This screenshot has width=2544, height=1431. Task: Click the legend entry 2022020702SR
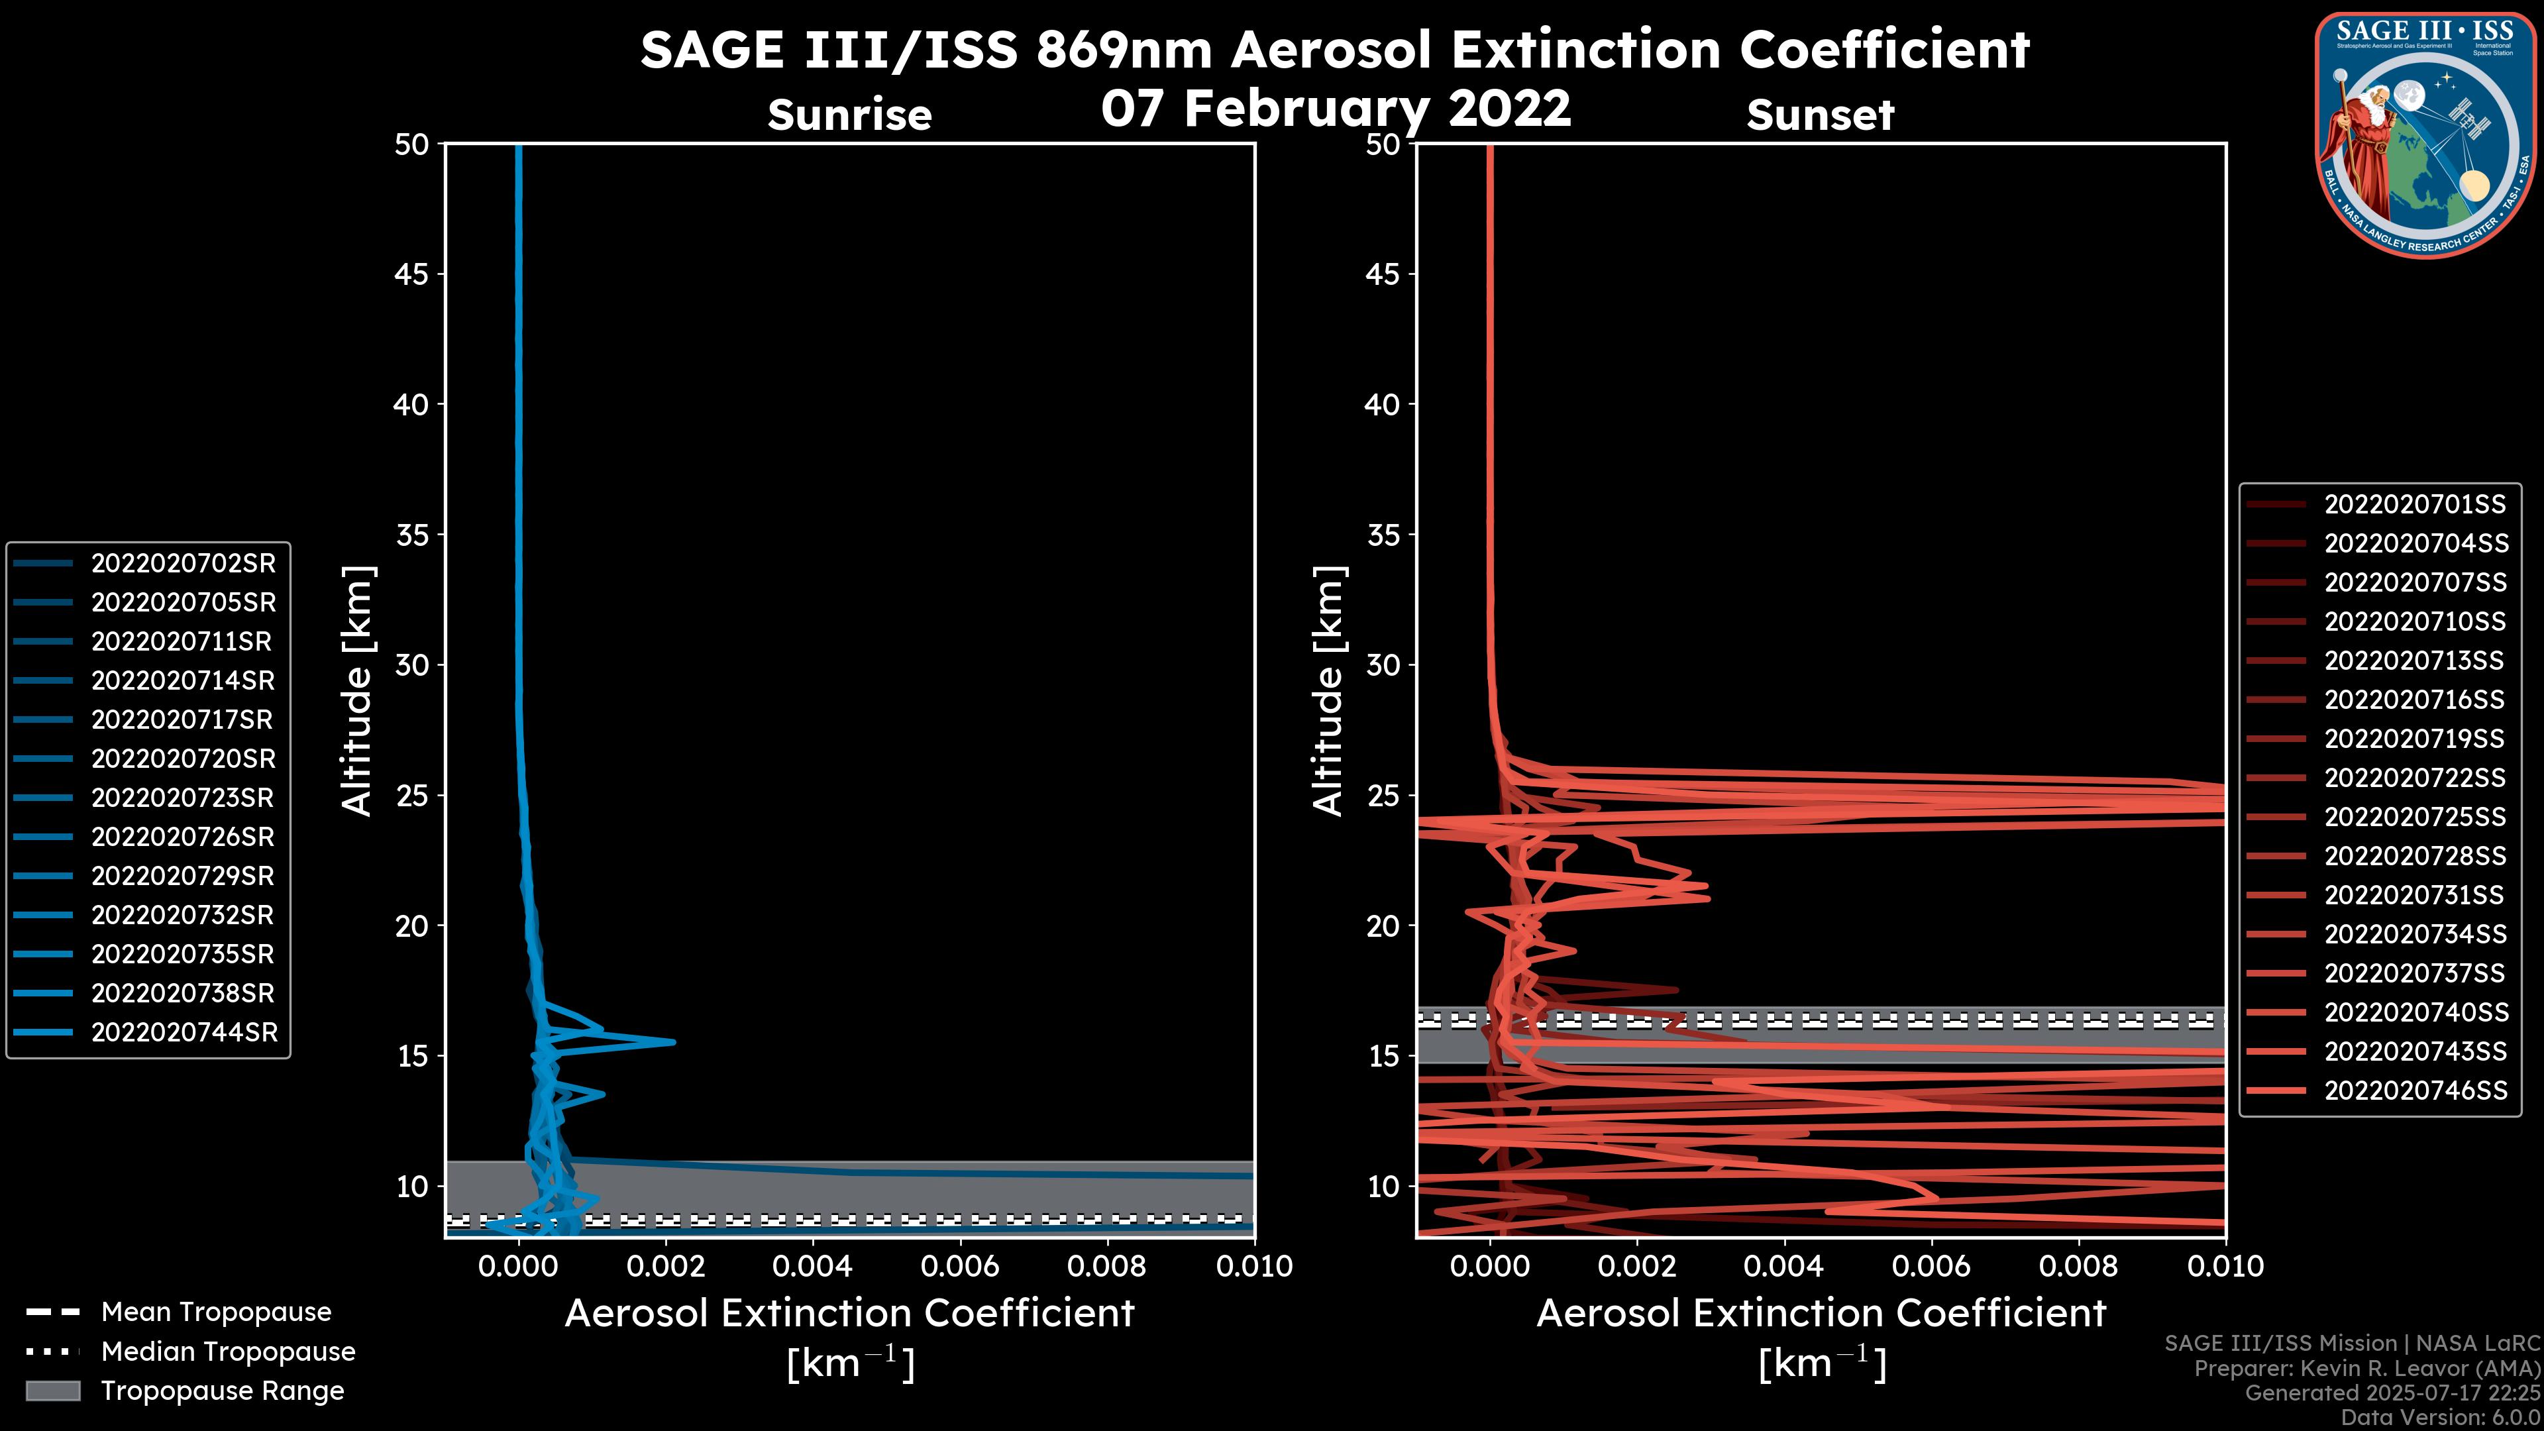pyautogui.click(x=183, y=564)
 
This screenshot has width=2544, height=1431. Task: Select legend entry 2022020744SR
pyautogui.click(x=183, y=1033)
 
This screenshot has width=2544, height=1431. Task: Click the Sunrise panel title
pyautogui.click(x=849, y=115)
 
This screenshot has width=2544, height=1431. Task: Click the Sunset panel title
pyautogui.click(x=1820, y=115)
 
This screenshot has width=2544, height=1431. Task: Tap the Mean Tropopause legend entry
pyautogui.click(x=215, y=1312)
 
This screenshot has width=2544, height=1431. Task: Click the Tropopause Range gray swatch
pyautogui.click(x=53, y=1391)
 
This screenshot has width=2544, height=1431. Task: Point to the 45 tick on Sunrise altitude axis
pyautogui.click(x=412, y=274)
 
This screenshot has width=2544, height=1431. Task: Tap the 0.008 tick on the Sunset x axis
pyautogui.click(x=2079, y=1266)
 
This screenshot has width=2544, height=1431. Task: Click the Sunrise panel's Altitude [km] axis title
pyautogui.click(x=358, y=690)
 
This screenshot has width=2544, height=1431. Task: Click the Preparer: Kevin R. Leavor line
pyautogui.click(x=2366, y=1369)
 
